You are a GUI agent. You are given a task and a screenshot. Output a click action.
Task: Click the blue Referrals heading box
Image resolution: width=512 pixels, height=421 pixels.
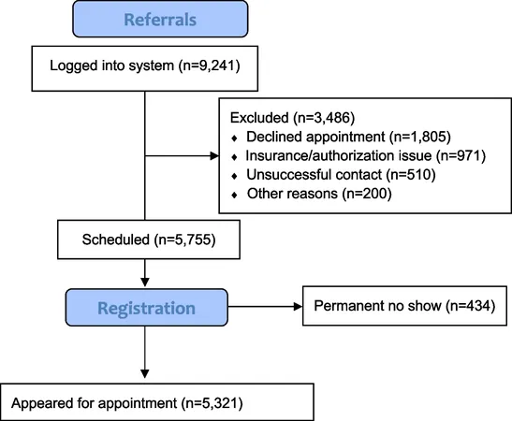coord(160,19)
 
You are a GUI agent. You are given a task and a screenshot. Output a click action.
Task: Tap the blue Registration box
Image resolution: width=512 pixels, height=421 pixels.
coord(147,308)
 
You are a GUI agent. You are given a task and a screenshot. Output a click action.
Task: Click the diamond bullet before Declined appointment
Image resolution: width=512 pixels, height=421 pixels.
coord(234,138)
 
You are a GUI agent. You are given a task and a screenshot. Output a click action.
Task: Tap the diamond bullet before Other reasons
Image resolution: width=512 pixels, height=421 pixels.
coord(234,196)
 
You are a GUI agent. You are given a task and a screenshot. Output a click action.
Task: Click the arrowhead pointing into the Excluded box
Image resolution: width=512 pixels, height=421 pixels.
coord(214,156)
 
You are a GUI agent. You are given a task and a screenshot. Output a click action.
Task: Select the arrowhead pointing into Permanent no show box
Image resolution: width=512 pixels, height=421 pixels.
coord(299,307)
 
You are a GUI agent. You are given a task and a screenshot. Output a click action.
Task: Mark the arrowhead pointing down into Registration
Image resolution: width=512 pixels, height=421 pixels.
coord(145,283)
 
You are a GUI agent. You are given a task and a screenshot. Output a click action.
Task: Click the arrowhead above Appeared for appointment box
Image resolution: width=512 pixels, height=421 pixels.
coord(145,374)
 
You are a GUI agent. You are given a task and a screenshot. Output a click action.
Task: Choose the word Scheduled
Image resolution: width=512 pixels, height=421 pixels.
coord(116,240)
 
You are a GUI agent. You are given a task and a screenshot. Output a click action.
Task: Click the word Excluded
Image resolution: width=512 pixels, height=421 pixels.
coord(259,118)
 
